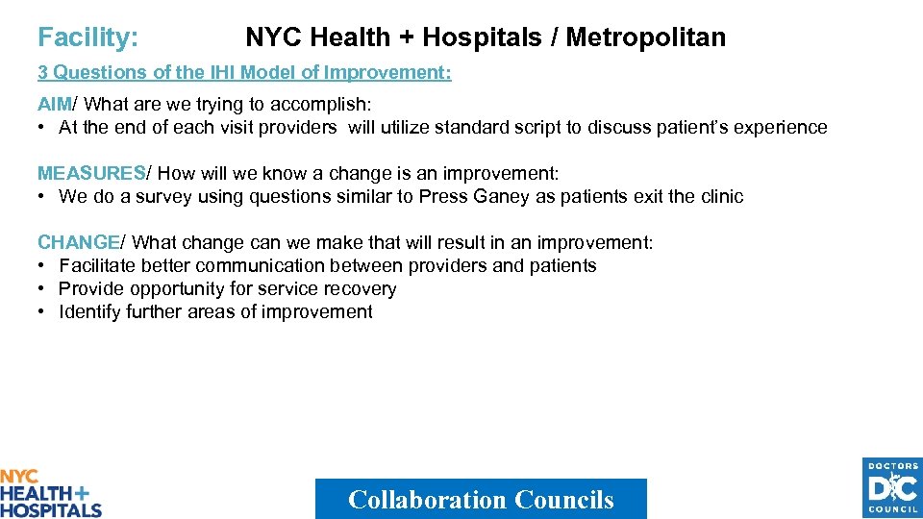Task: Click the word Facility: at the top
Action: pyautogui.click(x=87, y=37)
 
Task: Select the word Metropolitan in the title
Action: pyautogui.click(x=645, y=37)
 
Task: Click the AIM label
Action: pyautogui.click(x=55, y=105)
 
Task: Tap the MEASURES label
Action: pyautogui.click(x=90, y=174)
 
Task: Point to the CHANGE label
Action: pyautogui.click(x=78, y=243)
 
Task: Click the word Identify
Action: pyautogui.click(x=89, y=312)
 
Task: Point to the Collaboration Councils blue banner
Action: pyautogui.click(x=481, y=499)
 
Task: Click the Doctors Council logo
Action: pyautogui.click(x=892, y=487)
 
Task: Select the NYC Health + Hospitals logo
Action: pyautogui.click(x=50, y=493)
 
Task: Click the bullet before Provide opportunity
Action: pyautogui.click(x=43, y=289)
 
